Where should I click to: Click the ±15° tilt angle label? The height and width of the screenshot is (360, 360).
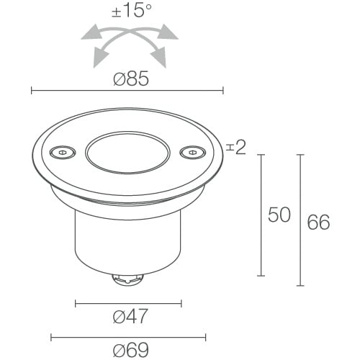[x=132, y=11]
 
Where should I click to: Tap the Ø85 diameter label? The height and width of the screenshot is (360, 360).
[x=131, y=78]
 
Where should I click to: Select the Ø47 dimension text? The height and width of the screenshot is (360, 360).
[x=130, y=316]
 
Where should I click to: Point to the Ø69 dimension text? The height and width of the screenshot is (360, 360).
[x=131, y=350]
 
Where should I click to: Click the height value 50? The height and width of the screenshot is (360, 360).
[x=279, y=215]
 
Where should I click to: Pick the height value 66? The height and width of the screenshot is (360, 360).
[x=318, y=222]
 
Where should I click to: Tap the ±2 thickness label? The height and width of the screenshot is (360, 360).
[x=236, y=148]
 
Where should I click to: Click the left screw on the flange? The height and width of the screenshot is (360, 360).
[x=63, y=152]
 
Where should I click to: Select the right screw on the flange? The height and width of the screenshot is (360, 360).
[x=193, y=152]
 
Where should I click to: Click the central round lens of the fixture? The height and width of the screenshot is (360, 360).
[x=127, y=153]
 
